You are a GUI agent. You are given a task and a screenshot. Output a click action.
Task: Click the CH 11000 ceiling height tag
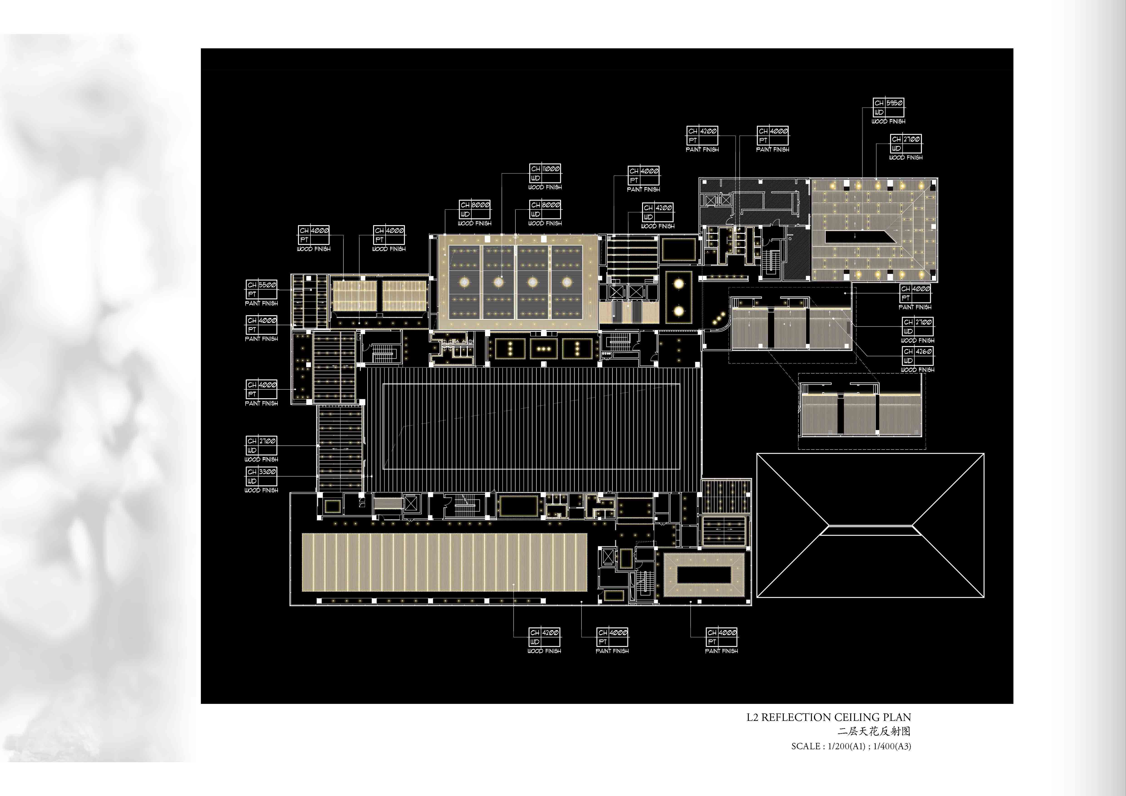545,173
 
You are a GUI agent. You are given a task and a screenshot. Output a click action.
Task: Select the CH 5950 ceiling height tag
889,107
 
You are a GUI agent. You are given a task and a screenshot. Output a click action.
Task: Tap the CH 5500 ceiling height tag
261,289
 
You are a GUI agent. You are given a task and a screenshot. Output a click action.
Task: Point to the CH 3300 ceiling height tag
261,476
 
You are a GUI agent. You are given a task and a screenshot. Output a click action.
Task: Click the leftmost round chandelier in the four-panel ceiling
465,282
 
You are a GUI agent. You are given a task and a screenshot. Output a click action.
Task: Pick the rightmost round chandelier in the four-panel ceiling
567,282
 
